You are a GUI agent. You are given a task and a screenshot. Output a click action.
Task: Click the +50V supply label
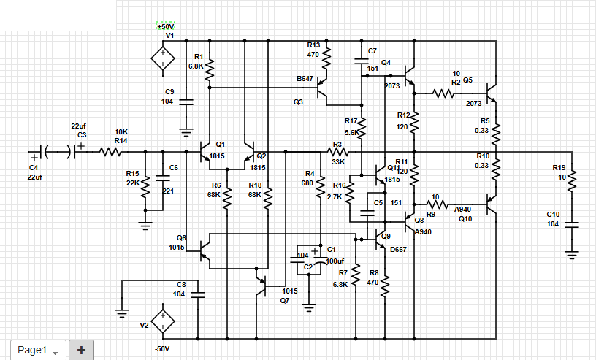click(x=166, y=26)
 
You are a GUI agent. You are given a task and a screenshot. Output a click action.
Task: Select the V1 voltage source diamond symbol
click(x=162, y=58)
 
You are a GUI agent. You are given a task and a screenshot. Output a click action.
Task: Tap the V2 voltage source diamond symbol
click(x=162, y=321)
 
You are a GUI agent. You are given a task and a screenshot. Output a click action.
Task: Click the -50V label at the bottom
click(x=162, y=348)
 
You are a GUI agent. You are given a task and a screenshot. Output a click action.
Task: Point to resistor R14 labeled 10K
click(x=111, y=152)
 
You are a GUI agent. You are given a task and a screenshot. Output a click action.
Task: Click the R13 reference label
click(x=313, y=45)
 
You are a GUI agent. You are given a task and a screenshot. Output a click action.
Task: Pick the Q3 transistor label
click(x=298, y=102)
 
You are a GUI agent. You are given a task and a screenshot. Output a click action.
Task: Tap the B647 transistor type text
click(x=305, y=78)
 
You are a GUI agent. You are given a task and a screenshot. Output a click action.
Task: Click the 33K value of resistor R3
click(x=338, y=162)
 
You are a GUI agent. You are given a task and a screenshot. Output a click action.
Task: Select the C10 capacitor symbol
click(x=572, y=223)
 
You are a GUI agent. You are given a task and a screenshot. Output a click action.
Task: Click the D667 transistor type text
click(x=399, y=249)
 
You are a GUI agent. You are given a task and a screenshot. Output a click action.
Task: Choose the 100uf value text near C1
click(x=336, y=261)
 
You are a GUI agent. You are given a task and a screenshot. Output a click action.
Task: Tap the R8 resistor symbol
click(x=386, y=282)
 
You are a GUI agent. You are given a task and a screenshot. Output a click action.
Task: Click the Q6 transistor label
click(x=181, y=238)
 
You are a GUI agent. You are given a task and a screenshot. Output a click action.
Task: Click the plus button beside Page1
click(x=81, y=351)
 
